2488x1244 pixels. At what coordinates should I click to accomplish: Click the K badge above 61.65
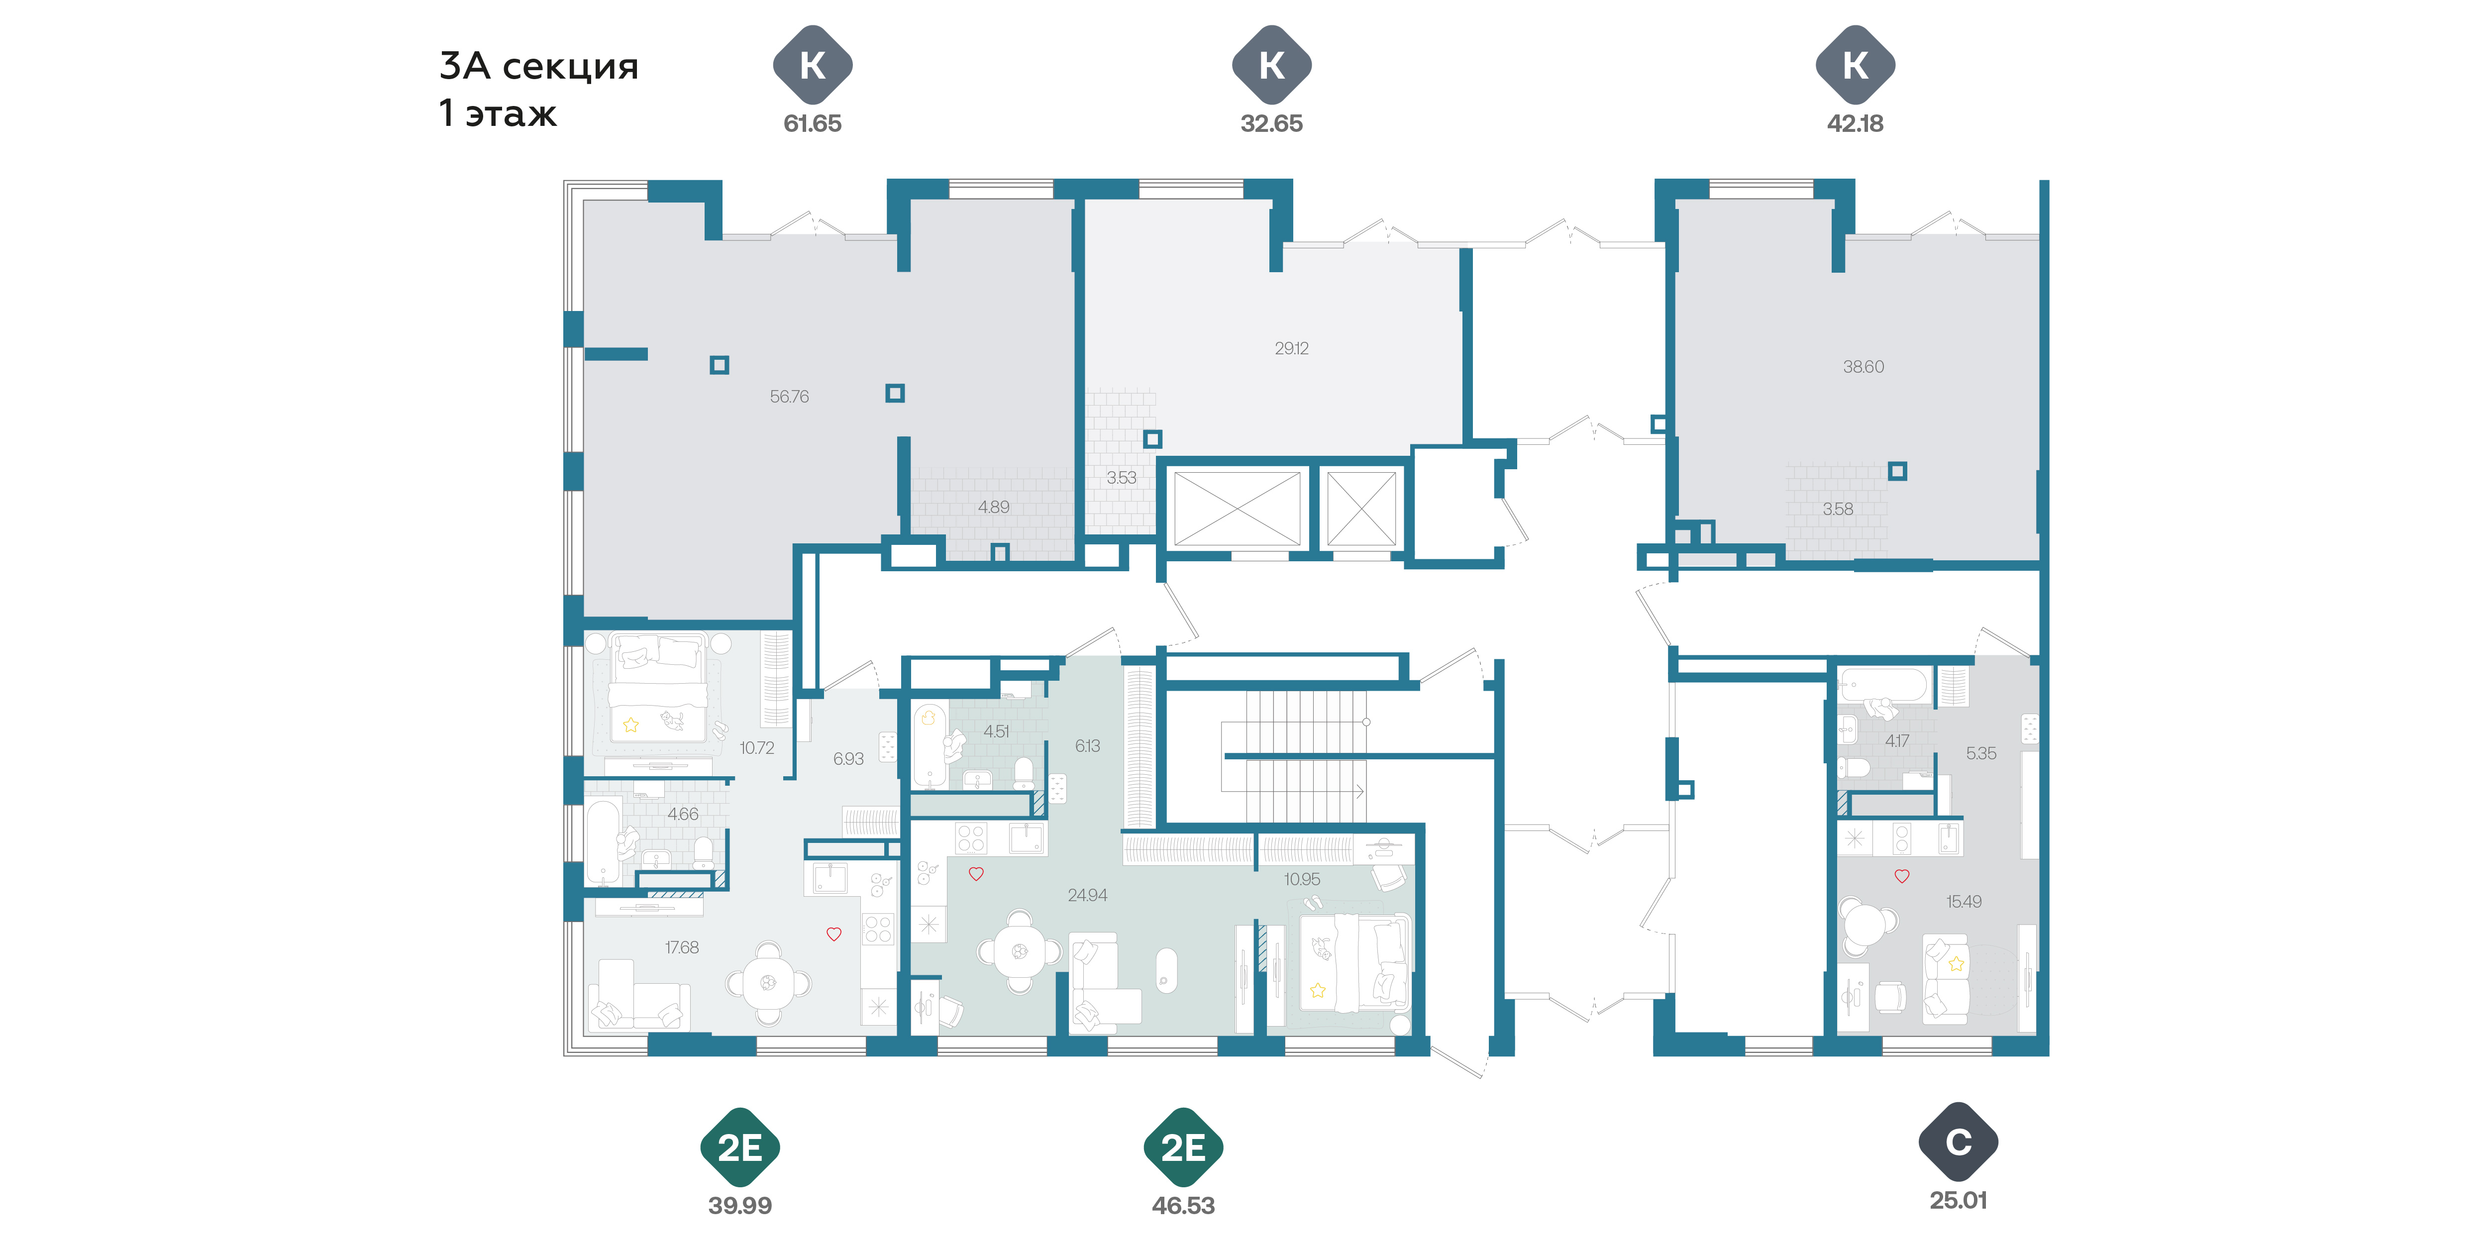pos(812,65)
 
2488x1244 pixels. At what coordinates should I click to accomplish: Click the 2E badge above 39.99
pos(740,1147)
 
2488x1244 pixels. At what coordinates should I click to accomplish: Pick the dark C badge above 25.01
pos(1958,1141)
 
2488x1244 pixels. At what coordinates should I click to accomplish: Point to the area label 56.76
pos(789,396)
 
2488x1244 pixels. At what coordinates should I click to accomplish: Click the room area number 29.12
pos(1291,348)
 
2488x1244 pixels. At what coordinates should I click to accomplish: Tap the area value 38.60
pos(1863,366)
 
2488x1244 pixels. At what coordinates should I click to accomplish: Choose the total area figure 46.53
pos(1183,1205)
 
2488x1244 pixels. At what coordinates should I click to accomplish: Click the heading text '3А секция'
pos(539,66)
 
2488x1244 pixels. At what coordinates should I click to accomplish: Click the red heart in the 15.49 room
pos(1902,876)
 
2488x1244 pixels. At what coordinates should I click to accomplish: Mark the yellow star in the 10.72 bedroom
pos(630,725)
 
